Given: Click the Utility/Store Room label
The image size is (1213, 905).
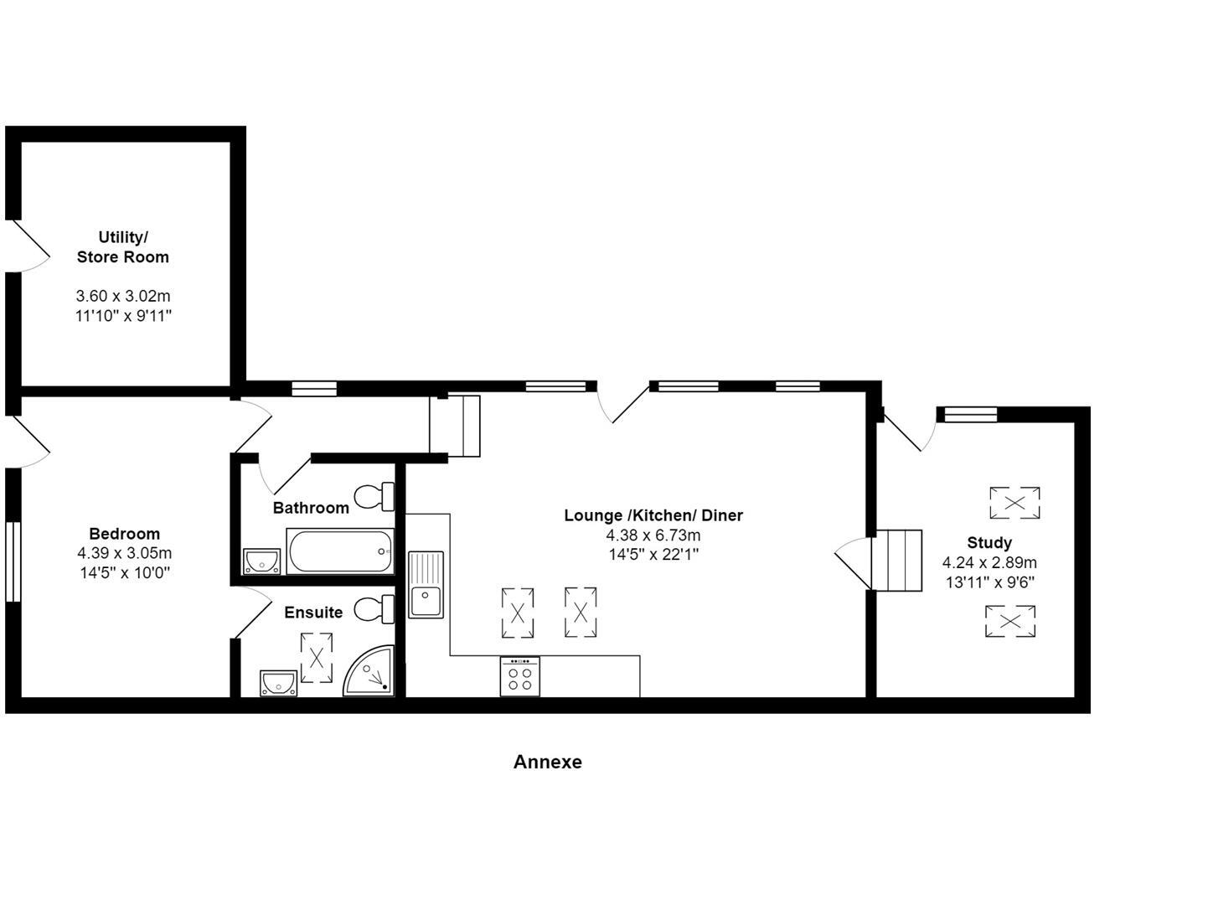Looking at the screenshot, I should (x=123, y=247).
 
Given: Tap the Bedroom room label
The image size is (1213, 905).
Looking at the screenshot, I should (x=124, y=534).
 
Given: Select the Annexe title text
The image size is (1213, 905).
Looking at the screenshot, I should (x=547, y=762).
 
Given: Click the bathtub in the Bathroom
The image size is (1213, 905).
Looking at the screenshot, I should (x=339, y=551).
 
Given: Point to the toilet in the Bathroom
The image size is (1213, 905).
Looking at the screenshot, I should (x=374, y=497).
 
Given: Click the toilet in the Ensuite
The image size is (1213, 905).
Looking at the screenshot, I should (x=374, y=609).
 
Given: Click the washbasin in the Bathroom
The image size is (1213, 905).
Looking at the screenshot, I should (x=261, y=561).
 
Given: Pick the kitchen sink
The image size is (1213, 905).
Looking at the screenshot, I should (x=426, y=585).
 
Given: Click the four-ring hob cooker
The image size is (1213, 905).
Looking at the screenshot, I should (x=520, y=675).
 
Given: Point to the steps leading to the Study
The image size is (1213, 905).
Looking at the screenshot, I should (x=897, y=560).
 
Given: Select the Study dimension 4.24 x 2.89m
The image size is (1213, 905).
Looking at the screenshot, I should (x=989, y=562).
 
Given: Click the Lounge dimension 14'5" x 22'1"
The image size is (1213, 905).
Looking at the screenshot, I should (x=653, y=554).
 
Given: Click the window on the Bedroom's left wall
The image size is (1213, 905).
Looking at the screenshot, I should (x=12, y=562).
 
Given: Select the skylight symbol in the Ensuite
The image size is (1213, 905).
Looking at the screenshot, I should (x=317, y=658).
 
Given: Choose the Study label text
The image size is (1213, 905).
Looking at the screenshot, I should (x=989, y=542).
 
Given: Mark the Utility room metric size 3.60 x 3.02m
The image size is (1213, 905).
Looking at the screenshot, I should (x=123, y=296).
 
